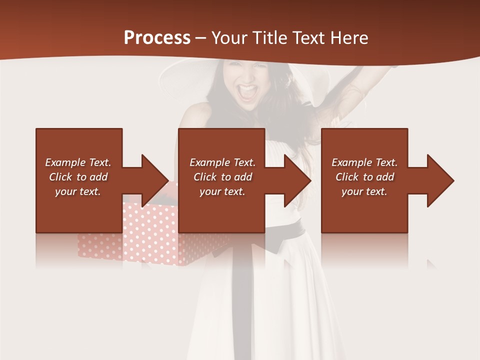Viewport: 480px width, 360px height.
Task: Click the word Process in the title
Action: (x=157, y=37)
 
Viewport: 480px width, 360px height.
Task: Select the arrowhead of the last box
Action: (x=440, y=180)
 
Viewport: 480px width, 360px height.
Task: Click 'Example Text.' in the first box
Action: (x=78, y=162)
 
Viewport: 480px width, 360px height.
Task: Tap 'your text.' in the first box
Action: (x=78, y=191)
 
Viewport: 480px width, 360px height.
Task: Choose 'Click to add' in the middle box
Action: (x=222, y=177)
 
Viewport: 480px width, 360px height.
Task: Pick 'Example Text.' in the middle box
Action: (x=222, y=162)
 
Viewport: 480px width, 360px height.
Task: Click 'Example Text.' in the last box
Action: (x=364, y=162)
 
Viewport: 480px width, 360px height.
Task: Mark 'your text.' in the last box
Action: (x=364, y=191)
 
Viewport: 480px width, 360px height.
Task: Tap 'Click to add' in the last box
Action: (x=364, y=177)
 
